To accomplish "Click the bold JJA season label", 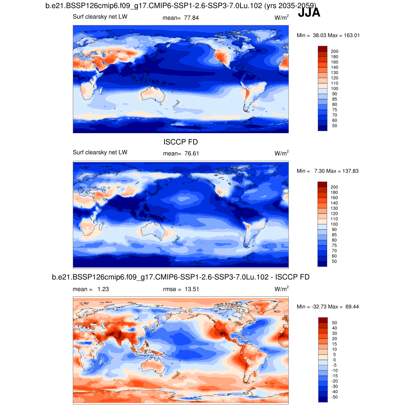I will tap(309, 13).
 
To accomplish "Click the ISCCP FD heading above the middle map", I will tap(180, 142).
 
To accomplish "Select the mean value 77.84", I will tap(191, 18).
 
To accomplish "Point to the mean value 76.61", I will tap(191, 153).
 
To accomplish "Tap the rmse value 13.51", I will tap(190, 289).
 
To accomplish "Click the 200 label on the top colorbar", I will tap(335, 51).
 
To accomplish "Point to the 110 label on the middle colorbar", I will tap(335, 219).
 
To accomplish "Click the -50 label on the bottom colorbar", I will tap(334, 397).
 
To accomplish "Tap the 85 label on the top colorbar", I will tap(334, 99).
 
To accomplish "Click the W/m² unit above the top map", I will tap(281, 18).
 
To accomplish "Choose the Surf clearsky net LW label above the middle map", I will tap(100, 152).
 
